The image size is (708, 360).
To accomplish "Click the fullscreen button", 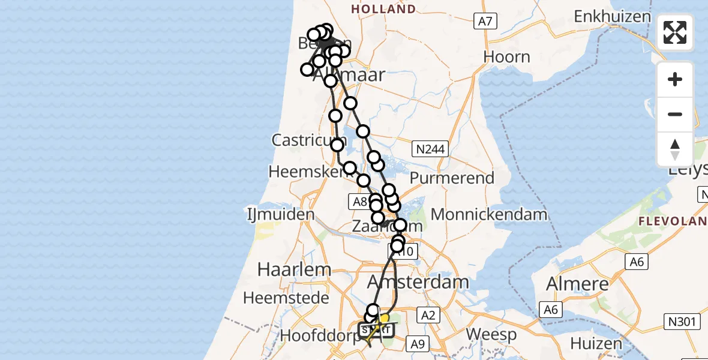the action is (x=675, y=32).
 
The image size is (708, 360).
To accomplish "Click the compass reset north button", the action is (x=675, y=149).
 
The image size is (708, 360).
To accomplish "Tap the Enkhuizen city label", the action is (x=612, y=16).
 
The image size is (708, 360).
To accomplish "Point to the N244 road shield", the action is (x=432, y=149).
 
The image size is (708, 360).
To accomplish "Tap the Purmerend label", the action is (x=452, y=178).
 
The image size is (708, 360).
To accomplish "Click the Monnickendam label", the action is (x=488, y=214).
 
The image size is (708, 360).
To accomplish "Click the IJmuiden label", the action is (x=281, y=214).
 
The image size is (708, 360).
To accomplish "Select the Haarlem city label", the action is (x=286, y=269).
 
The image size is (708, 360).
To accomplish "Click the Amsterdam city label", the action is (x=418, y=281).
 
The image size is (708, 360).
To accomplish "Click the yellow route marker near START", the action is (x=385, y=319).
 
